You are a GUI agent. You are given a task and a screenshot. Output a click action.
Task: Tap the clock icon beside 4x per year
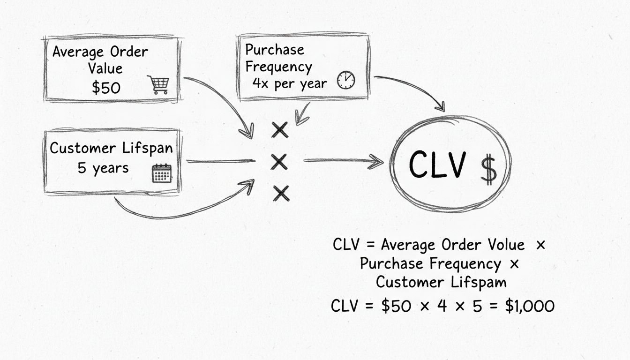coord(346,80)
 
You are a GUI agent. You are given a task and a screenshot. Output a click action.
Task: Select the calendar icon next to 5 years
coord(162,173)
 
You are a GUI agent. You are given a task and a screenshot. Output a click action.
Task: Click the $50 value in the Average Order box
coord(106,88)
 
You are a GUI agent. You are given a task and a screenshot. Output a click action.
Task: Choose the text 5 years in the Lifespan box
coord(103,168)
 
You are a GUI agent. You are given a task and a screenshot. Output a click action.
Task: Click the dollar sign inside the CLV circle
coord(488,169)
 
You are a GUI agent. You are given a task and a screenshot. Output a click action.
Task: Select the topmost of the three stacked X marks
coord(280,129)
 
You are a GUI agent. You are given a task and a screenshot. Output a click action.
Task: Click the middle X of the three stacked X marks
coord(279,162)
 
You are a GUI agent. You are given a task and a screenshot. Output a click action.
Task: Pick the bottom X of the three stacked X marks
coord(281,193)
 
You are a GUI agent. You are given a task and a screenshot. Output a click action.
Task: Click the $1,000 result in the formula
coord(530,306)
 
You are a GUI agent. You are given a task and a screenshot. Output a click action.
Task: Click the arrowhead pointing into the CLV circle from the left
coord(377,162)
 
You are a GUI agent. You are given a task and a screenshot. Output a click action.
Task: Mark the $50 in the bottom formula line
coord(397,306)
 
